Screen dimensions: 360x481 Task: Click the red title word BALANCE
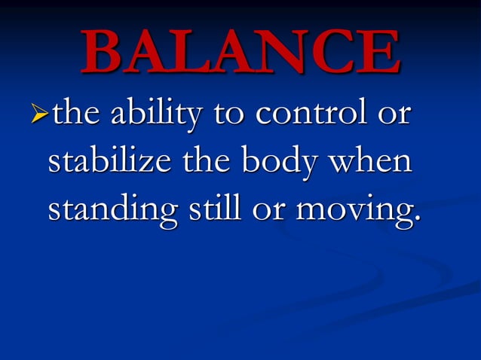(x=240, y=52)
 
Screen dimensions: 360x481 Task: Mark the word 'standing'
(x=109, y=212)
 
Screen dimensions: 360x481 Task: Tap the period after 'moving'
(x=414, y=221)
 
